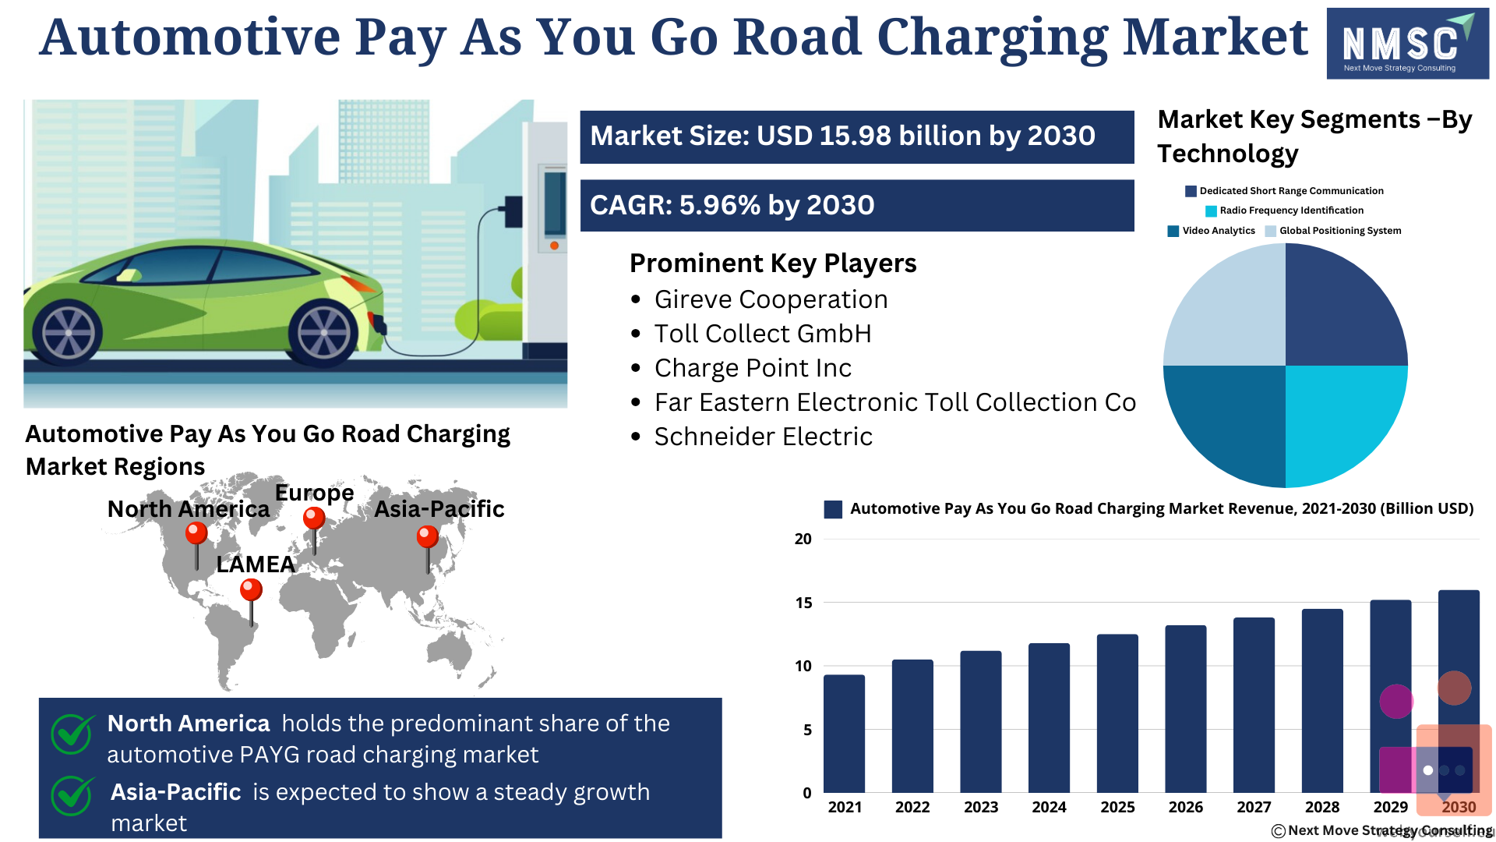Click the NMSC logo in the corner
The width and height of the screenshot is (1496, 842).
(1407, 43)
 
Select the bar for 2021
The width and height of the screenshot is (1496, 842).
(844, 734)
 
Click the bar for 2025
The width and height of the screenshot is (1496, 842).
(1117, 713)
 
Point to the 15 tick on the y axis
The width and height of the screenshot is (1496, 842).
(803, 603)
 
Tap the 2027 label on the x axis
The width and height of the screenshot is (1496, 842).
(1254, 807)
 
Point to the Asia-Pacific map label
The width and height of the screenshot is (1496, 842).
(439, 509)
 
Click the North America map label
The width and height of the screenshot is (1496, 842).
(189, 509)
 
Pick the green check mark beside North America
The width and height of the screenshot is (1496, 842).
(72, 733)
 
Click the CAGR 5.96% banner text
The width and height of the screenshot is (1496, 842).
(732, 205)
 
